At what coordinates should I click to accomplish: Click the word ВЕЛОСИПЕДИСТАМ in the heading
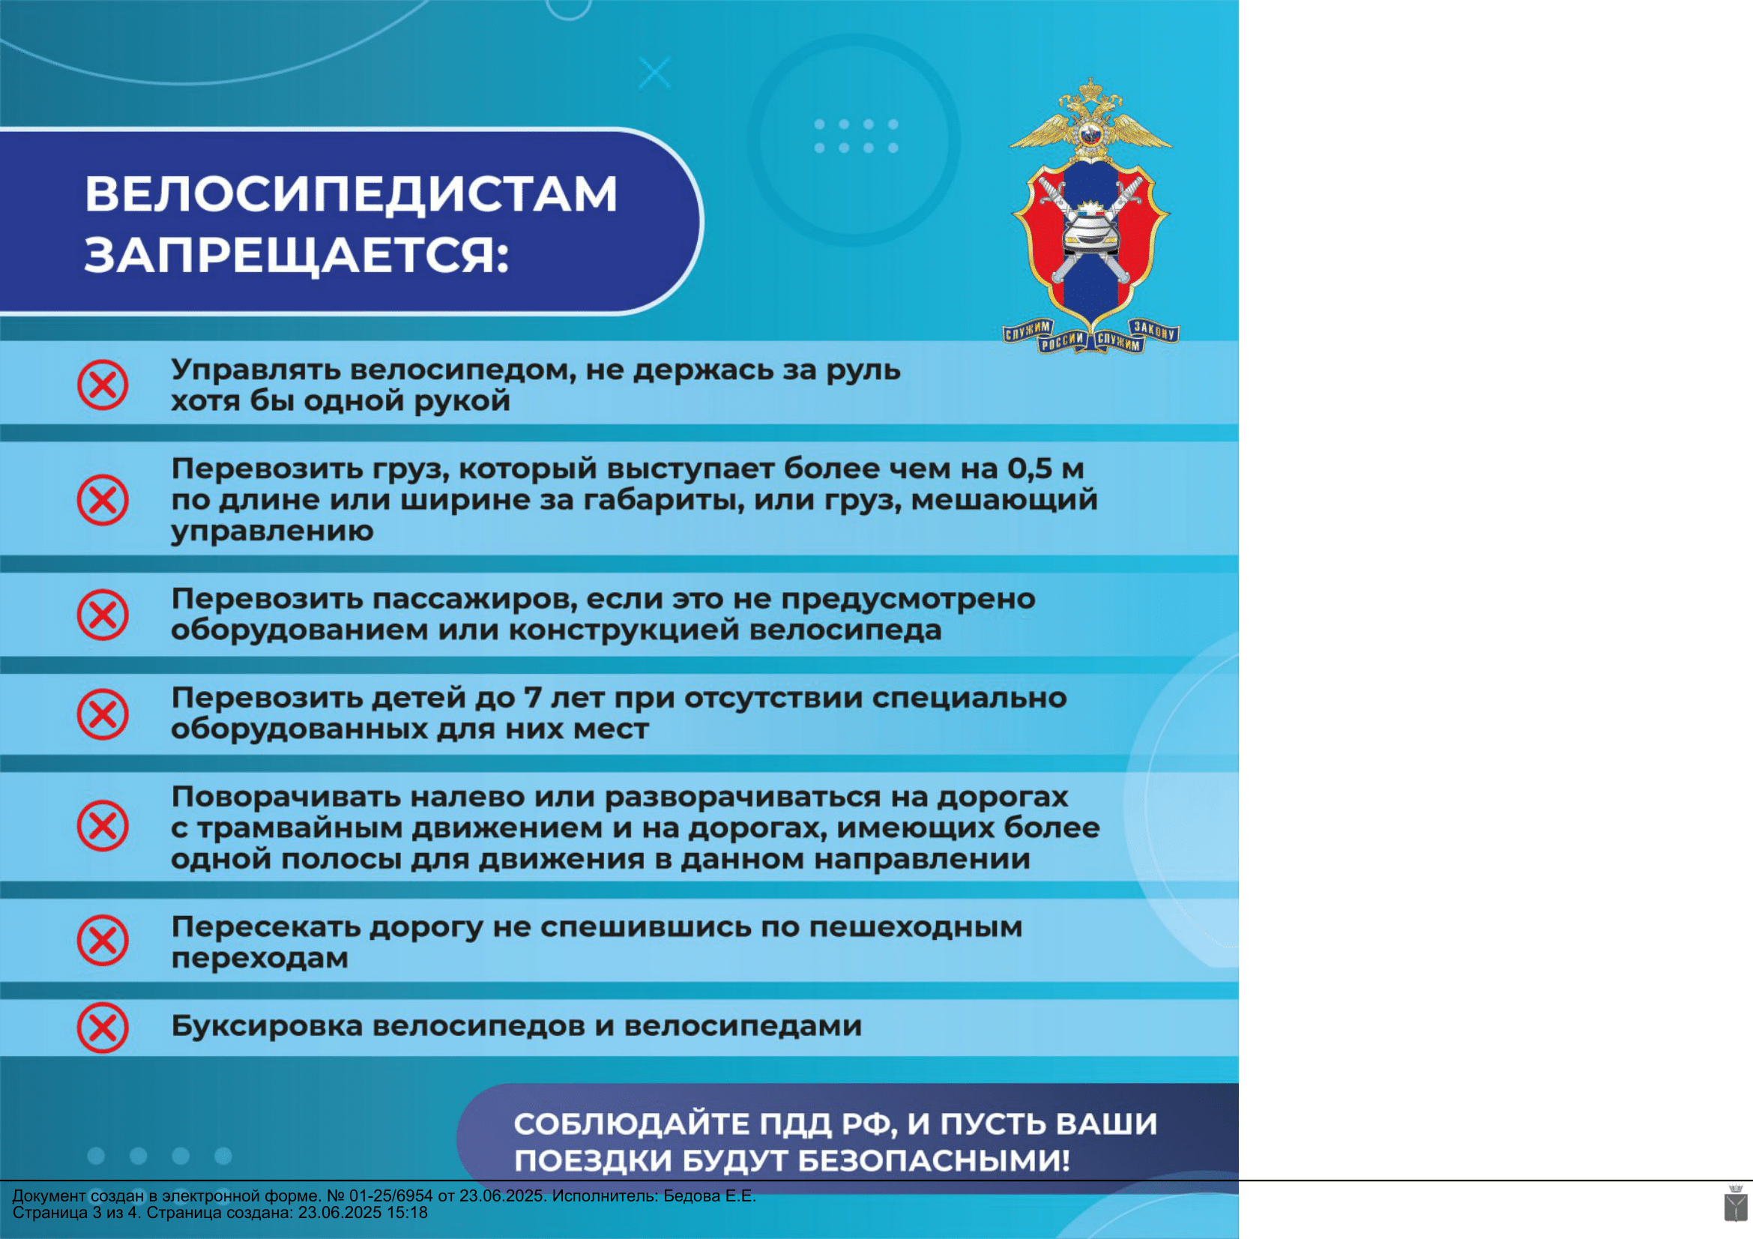pyautogui.click(x=351, y=194)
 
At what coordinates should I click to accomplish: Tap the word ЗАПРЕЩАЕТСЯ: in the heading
pyautogui.click(x=296, y=255)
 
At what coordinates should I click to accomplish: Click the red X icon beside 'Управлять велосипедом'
pyautogui.click(x=103, y=385)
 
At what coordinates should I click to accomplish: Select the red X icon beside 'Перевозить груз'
pyautogui.click(x=103, y=500)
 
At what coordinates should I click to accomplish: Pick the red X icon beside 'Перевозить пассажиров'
pyautogui.click(x=103, y=615)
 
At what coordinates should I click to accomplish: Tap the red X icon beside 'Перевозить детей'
pyautogui.click(x=103, y=714)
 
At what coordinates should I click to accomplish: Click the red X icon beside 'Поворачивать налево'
pyautogui.click(x=103, y=826)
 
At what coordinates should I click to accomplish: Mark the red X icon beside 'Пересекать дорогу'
pyautogui.click(x=103, y=941)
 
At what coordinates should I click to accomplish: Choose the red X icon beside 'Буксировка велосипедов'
pyautogui.click(x=103, y=1028)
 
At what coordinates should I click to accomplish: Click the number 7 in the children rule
pyautogui.click(x=532, y=698)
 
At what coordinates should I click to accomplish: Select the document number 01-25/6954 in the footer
pyautogui.click(x=391, y=1196)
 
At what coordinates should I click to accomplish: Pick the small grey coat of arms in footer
pyautogui.click(x=1736, y=1202)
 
